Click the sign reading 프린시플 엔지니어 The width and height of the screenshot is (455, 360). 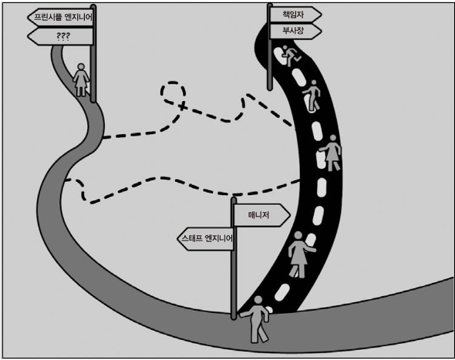[x=60, y=17]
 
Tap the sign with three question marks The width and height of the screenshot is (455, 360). [x=60, y=36]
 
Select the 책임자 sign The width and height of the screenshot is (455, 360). [x=295, y=14]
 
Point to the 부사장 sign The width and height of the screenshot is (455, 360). [x=295, y=31]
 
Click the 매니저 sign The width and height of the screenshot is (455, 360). [x=261, y=215]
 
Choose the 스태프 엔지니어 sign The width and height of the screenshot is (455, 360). [x=206, y=238]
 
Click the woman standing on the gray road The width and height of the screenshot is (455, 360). [x=81, y=79]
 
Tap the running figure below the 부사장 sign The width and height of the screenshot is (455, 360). [x=291, y=56]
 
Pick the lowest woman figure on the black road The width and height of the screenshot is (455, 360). [x=300, y=254]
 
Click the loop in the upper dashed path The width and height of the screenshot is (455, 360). [x=174, y=93]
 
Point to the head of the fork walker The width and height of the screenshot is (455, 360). [x=258, y=300]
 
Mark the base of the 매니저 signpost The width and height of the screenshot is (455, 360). [x=234, y=317]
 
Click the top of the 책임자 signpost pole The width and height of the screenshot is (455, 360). [x=270, y=5]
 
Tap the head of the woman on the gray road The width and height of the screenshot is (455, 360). [x=81, y=67]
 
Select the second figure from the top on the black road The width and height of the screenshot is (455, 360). [x=312, y=95]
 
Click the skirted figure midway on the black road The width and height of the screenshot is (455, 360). [x=331, y=153]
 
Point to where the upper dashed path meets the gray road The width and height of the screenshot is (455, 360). [x=103, y=137]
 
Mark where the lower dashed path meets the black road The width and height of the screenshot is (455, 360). [x=300, y=180]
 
